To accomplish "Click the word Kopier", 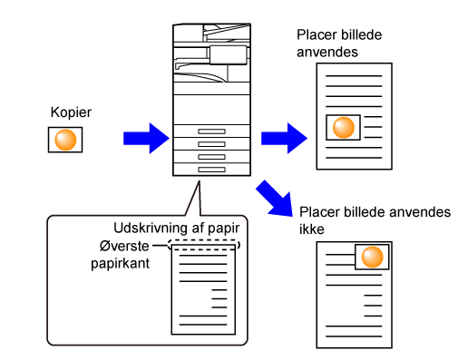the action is (x=71, y=112).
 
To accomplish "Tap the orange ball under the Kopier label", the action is (x=65, y=140).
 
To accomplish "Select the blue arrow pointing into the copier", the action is (x=146, y=139).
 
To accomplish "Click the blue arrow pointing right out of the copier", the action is (x=284, y=139).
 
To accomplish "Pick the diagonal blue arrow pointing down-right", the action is (x=275, y=199).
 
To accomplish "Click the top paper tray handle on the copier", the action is (x=211, y=131).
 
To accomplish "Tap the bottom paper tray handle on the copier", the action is (x=211, y=170).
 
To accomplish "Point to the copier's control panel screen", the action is (x=229, y=55).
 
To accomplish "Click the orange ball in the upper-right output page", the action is (x=344, y=128).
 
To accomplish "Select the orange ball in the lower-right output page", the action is (x=372, y=257).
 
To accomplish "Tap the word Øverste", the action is (x=124, y=246).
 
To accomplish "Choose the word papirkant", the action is (x=121, y=264).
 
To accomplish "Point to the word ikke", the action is (x=312, y=229).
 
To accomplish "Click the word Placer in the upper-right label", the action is (x=317, y=34).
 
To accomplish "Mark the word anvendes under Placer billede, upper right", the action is (x=327, y=53).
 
